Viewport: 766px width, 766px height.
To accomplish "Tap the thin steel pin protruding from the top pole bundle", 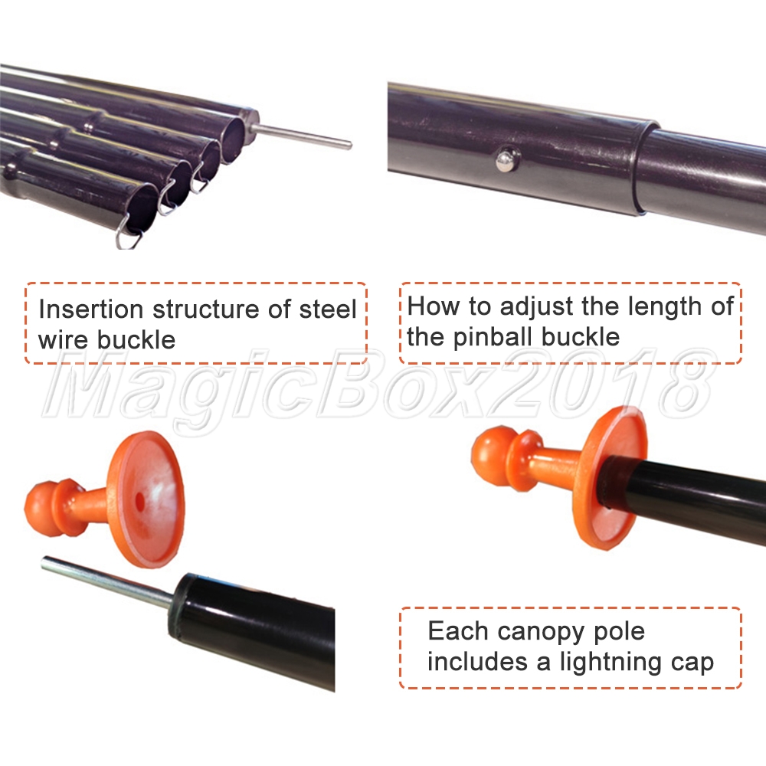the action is (303, 136).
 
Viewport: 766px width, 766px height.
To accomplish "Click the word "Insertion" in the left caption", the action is (91, 309).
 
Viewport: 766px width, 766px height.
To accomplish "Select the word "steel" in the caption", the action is (328, 309).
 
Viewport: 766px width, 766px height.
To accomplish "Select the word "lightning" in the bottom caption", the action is (611, 663).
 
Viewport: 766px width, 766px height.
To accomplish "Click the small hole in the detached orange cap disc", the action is (139, 499).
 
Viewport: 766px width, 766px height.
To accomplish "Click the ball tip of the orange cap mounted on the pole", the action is (489, 456).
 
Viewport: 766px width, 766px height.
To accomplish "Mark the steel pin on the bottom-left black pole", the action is (107, 583).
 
